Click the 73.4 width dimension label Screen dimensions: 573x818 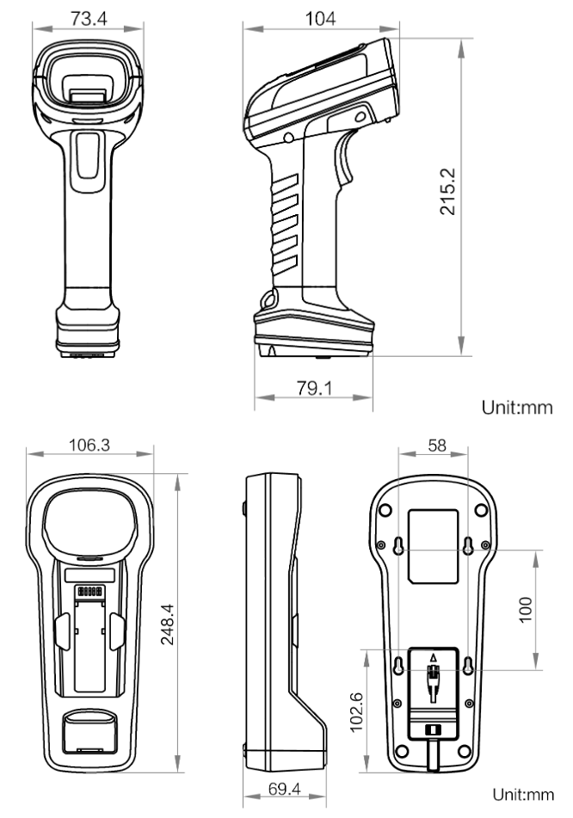point(89,18)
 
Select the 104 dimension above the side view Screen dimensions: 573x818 point(320,19)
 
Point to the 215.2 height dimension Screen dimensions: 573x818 point(447,192)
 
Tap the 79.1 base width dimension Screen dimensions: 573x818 point(314,388)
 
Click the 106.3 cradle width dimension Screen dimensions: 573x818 point(89,445)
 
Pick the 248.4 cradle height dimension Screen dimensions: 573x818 point(168,624)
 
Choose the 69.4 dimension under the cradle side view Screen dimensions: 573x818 point(285,789)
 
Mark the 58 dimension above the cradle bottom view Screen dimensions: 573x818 point(437,445)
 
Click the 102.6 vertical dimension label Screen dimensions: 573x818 point(356,712)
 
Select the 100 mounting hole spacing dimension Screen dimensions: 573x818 point(525,609)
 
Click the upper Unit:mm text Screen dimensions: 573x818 point(516,407)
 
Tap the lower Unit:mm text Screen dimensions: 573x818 point(523,795)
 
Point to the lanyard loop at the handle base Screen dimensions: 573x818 point(268,300)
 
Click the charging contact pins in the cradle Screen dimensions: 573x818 point(89,592)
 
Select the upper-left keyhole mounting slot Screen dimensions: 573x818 point(399,545)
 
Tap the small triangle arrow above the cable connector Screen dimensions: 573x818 point(433,657)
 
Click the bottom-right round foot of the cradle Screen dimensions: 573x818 point(464,751)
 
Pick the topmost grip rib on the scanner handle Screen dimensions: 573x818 point(285,183)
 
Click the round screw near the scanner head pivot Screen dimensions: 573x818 point(288,138)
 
